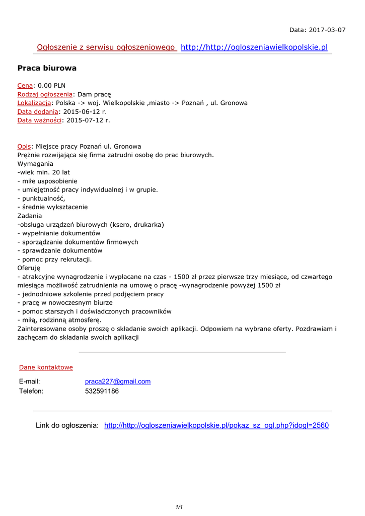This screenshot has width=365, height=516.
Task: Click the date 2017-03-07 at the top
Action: point(327,30)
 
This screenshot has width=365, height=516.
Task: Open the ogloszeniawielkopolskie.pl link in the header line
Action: point(254,47)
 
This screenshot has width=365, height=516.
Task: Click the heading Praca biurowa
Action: point(47,68)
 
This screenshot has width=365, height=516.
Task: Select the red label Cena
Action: point(25,86)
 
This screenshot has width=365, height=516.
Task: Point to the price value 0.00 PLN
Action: point(51,86)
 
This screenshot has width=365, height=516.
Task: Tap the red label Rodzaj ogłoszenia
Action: point(45,94)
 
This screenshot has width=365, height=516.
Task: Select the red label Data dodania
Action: point(38,111)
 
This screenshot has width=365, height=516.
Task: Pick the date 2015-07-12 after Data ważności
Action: point(88,120)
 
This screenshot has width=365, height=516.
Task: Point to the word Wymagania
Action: point(35,164)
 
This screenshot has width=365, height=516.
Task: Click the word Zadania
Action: point(30,216)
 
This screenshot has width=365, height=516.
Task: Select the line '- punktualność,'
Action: point(41,199)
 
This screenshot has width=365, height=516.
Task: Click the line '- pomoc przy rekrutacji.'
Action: point(54,260)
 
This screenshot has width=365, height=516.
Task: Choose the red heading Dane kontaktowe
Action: point(46,367)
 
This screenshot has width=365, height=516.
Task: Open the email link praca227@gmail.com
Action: point(118,381)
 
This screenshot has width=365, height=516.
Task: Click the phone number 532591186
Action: point(102,391)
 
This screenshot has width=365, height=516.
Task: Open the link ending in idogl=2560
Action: point(216,425)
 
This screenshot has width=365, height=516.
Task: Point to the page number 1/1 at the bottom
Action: point(179,507)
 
